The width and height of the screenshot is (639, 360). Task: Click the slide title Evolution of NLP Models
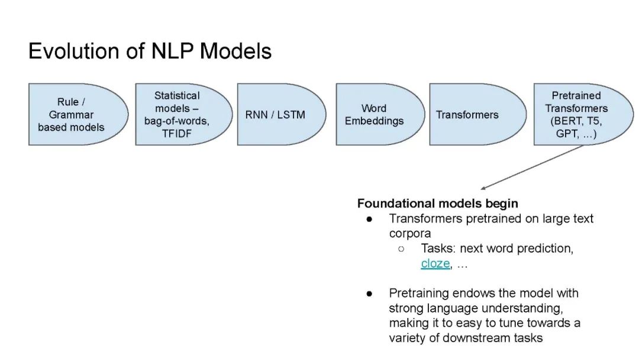(x=150, y=52)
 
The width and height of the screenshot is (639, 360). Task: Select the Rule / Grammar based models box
(x=78, y=114)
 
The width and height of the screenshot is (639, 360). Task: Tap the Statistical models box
(x=184, y=114)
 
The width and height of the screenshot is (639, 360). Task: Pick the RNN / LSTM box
(x=282, y=114)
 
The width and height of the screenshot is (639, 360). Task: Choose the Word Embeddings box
(x=380, y=114)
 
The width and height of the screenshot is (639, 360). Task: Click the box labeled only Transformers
(x=477, y=114)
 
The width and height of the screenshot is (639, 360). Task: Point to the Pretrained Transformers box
(x=583, y=114)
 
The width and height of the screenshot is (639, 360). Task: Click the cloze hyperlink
(x=435, y=263)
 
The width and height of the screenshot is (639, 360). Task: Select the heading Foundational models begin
(x=438, y=204)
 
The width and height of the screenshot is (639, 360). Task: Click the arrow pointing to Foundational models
(x=532, y=167)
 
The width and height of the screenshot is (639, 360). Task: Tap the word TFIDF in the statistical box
(x=176, y=134)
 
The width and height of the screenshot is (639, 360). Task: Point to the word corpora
(x=410, y=234)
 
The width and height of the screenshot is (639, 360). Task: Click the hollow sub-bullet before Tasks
(x=401, y=249)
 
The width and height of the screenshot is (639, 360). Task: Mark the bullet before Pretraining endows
(x=369, y=294)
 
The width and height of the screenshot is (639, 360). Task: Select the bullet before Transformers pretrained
(x=369, y=219)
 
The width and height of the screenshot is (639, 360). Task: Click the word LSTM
(x=291, y=115)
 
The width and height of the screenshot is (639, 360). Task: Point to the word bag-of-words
(x=176, y=121)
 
